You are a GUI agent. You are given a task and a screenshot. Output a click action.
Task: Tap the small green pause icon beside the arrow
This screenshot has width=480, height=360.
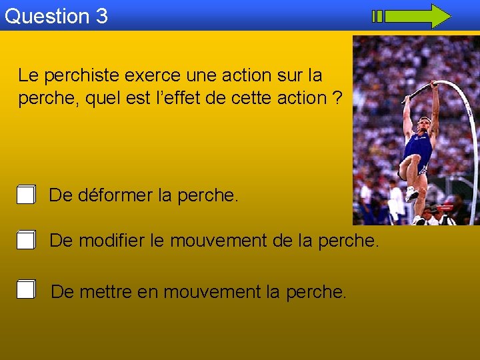(377, 16)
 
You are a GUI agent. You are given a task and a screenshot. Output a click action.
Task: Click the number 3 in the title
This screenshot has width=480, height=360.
(101, 16)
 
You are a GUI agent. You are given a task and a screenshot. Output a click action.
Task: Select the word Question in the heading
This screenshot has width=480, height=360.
(47, 16)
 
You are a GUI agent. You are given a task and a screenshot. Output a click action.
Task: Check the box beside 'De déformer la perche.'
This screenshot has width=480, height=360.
(26, 195)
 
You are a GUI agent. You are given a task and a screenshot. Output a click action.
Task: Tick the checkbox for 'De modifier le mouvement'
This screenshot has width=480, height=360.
(26, 240)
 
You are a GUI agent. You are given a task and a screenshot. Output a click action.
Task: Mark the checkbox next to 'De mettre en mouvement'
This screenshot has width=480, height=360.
(26, 290)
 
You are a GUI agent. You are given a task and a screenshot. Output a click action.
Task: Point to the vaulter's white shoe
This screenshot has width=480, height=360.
(411, 194)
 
